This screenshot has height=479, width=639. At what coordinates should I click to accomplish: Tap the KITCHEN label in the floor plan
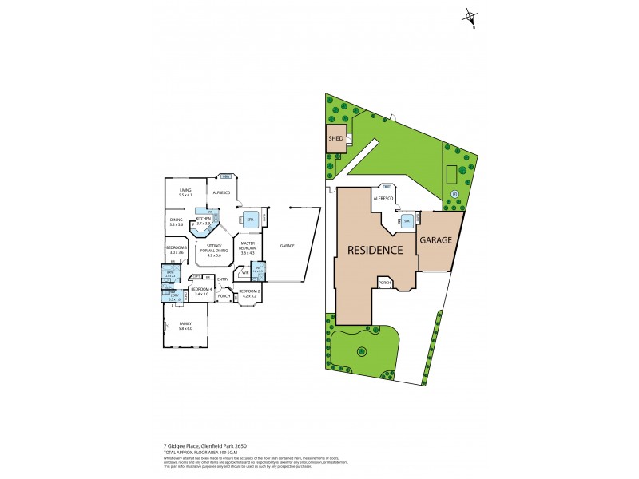pos(204,220)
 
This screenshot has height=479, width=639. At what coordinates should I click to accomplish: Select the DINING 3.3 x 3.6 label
pos(176,223)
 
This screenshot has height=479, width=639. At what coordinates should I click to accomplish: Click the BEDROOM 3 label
pos(176,250)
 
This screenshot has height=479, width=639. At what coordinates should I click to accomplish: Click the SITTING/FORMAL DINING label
pos(213,248)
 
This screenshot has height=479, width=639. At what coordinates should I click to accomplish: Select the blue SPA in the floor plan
pos(250,218)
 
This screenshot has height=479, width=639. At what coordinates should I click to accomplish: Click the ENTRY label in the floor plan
pos(223,279)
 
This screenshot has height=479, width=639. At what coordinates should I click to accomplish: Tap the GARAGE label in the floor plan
pos(288,246)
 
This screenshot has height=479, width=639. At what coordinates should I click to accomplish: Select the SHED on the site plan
pos(335,138)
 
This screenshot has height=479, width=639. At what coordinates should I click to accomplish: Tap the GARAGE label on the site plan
pos(436,239)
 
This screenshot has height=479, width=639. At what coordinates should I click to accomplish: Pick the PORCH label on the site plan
pos(385,283)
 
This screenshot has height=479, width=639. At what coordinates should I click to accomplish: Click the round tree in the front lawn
pos(362,350)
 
